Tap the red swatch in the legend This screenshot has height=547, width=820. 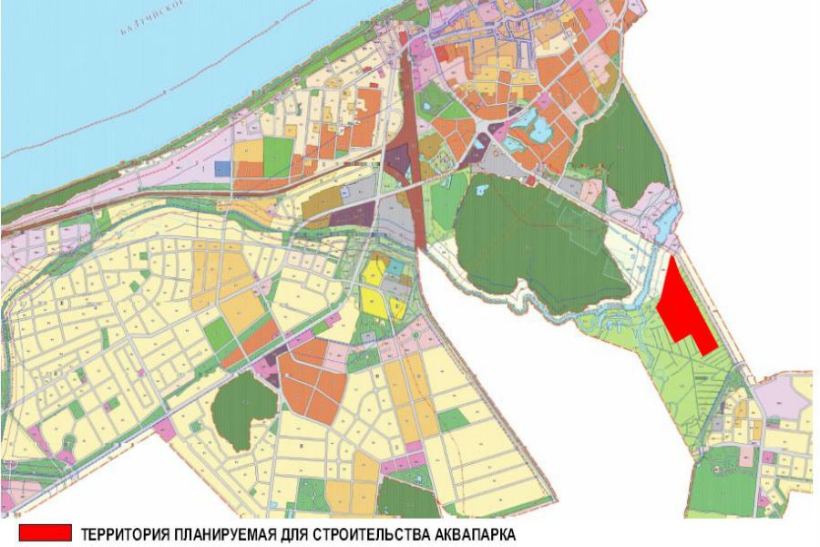pos(44,532)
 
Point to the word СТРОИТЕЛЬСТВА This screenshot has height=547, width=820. pos(364,533)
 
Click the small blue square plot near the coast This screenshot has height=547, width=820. pos(222,169)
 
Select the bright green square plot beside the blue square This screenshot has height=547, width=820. pos(279,157)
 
